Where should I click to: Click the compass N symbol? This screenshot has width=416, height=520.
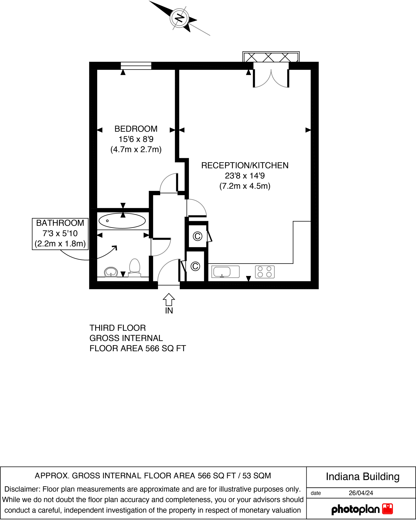[x=179, y=18]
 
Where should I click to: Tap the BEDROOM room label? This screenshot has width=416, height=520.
[x=136, y=129]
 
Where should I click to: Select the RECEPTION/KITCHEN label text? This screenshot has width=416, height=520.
[x=245, y=166]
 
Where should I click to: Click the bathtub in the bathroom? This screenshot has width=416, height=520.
[x=122, y=221]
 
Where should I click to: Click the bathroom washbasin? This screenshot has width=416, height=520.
[x=111, y=272]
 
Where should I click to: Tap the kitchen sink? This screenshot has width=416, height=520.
[x=225, y=272]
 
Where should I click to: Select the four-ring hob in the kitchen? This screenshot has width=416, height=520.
[x=265, y=272]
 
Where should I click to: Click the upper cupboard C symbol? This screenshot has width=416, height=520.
[x=197, y=236]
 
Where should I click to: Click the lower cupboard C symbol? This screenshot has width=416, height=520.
[x=195, y=266]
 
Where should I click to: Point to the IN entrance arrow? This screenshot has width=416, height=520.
[x=169, y=300]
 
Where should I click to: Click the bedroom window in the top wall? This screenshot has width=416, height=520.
[x=136, y=66]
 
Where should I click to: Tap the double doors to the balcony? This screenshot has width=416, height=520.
[x=271, y=77]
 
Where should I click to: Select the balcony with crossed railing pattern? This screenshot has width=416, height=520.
[x=271, y=57]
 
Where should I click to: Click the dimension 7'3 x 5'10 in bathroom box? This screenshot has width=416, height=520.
[x=60, y=233]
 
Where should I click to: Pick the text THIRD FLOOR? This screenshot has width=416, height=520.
[x=118, y=328]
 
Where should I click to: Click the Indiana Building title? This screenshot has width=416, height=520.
[x=362, y=477]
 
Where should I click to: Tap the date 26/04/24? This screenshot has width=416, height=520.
[x=361, y=493]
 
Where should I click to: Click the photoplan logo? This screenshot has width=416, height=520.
[x=362, y=509]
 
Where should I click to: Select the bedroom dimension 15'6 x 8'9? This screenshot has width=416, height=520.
[x=136, y=139]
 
